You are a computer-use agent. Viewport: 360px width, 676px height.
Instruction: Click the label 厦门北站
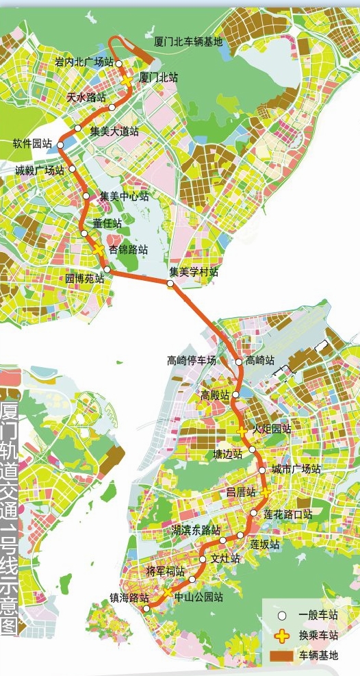159,78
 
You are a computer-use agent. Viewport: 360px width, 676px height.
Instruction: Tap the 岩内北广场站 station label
84,63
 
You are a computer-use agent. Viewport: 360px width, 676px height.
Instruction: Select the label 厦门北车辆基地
188,42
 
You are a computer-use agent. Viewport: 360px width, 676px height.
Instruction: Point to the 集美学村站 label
194,272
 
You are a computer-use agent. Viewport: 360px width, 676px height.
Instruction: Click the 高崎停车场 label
192,360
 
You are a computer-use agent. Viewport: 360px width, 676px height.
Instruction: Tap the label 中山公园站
199,597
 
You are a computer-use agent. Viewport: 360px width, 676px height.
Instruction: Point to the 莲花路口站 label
288,514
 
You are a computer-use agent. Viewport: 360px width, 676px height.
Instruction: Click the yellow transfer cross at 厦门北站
128,81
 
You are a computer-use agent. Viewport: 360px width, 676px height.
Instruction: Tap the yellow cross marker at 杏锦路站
99,249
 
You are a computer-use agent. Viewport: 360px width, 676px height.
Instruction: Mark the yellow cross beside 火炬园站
242,431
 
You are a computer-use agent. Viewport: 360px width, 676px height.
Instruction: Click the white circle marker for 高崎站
239,362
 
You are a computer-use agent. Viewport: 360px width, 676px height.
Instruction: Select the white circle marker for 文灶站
203,560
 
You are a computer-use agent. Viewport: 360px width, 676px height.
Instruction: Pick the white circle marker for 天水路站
112,108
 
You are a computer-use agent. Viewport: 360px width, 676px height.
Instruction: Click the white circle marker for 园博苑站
107,269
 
